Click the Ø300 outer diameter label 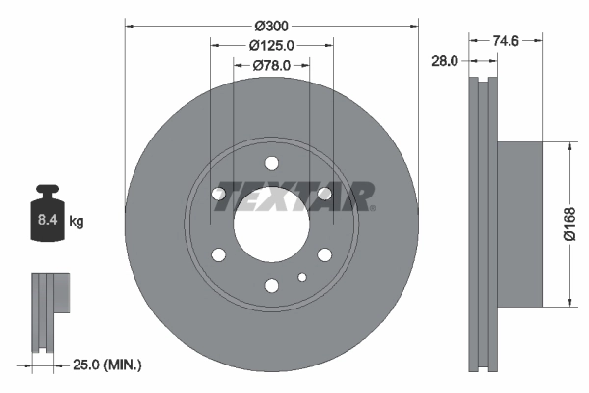tap(272, 23)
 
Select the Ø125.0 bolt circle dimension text tap(272, 44)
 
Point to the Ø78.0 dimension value tap(272, 65)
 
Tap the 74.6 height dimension tap(505, 41)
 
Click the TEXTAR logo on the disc tap(294, 196)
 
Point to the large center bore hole tap(271, 224)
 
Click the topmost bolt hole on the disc tap(271, 163)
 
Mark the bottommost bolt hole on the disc tap(271, 286)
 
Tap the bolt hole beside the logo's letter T tap(218, 194)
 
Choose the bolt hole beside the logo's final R tap(325, 194)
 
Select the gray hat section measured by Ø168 tap(518, 224)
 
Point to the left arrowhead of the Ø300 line tap(129, 23)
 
